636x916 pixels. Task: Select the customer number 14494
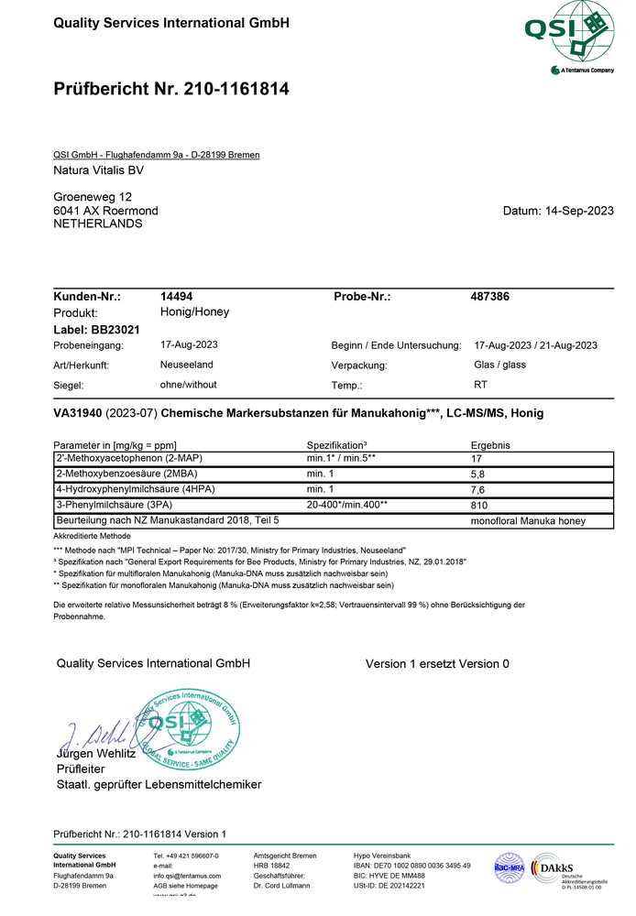176,297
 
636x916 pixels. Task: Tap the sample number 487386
489,297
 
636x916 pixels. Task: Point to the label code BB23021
115,329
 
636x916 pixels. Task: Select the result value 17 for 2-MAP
477,458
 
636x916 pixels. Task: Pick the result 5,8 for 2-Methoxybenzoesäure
478,474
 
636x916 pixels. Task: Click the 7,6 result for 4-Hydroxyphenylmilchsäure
478,489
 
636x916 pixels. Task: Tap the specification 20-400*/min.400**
346,505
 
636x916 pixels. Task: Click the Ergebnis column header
490,444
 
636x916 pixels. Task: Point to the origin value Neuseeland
188,364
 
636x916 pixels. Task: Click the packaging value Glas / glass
499,364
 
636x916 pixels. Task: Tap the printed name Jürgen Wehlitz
96,753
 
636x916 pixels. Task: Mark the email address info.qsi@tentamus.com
187,876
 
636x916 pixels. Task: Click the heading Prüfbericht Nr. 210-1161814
171,89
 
